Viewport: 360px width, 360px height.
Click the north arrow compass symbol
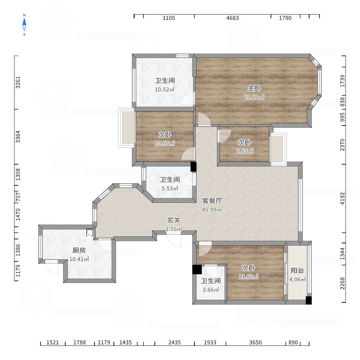[24, 25]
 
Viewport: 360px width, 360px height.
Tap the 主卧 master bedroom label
[254, 88]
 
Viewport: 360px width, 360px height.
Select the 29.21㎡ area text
[254, 97]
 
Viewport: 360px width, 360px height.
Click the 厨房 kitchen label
[79, 250]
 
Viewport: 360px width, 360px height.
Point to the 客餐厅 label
[212, 201]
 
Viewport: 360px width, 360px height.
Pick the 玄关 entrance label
[174, 220]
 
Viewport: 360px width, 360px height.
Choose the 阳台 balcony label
[297, 270]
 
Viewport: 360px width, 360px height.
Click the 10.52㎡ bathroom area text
[165, 90]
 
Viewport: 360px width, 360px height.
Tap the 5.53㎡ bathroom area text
[170, 189]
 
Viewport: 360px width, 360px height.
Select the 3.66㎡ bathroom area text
[211, 290]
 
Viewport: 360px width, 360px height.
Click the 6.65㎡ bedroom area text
[244, 151]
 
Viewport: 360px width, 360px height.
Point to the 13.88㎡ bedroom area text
[248, 277]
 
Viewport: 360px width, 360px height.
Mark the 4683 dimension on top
[233, 18]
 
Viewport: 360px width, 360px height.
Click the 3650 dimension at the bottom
[256, 342]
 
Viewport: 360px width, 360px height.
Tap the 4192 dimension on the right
[342, 198]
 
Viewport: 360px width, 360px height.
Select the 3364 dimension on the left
[18, 137]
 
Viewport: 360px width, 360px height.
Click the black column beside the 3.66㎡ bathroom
[197, 269]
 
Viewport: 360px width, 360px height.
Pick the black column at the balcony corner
[309, 300]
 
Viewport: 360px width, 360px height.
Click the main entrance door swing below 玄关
[174, 239]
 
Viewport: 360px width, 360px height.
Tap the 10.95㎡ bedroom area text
[165, 144]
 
